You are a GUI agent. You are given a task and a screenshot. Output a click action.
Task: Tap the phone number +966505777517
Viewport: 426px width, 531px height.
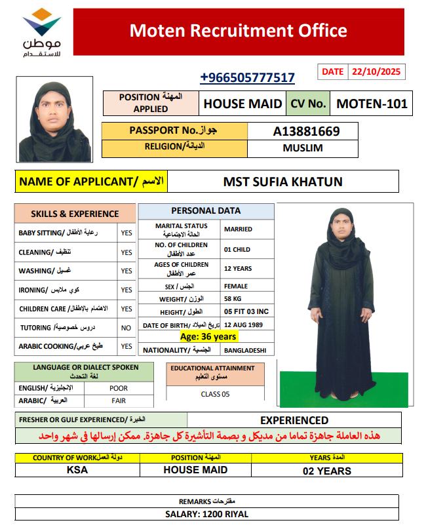[x=247, y=78]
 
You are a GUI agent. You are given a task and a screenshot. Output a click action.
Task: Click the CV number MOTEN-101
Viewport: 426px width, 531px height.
[x=372, y=103]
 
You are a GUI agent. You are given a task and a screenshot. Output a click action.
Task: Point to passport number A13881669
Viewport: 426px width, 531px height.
[x=306, y=131]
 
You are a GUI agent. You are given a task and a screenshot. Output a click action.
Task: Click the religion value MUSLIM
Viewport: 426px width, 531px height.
[x=303, y=148]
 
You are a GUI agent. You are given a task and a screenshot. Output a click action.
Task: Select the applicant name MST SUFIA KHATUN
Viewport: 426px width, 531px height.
[x=283, y=182]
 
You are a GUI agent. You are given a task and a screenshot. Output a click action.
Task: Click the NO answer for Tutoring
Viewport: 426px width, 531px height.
[x=126, y=328]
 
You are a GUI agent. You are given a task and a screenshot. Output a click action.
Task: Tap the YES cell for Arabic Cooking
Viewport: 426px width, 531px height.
[x=126, y=346]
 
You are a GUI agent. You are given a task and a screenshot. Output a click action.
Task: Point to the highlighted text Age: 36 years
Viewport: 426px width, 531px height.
[x=208, y=337]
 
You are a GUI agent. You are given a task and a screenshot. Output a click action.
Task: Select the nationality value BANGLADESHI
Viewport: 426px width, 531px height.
[x=245, y=351]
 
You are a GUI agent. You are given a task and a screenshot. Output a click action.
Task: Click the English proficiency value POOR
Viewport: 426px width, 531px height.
[x=119, y=387]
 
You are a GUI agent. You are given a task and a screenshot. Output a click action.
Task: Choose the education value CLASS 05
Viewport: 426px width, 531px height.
[x=215, y=394]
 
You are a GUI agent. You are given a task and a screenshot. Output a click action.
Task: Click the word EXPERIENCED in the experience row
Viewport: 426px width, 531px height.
[x=294, y=420]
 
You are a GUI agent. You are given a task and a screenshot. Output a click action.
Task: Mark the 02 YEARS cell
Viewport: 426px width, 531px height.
[x=326, y=471]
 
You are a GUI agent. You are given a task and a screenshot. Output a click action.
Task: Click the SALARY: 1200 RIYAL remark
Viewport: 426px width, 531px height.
[x=206, y=515]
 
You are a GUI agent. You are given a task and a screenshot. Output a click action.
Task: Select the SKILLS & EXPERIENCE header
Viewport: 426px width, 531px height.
[x=75, y=214]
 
